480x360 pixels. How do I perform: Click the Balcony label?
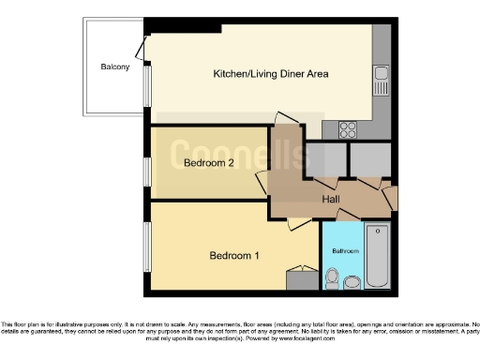click(x=115, y=67)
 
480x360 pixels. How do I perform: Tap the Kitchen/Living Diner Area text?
click(x=271, y=73)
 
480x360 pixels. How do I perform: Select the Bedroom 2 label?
click(x=208, y=162)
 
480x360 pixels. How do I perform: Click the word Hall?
click(x=331, y=200)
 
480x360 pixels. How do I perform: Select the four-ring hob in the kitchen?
click(x=348, y=128)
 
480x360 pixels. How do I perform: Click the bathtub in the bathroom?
click(x=377, y=255)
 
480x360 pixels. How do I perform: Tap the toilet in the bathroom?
click(x=333, y=277)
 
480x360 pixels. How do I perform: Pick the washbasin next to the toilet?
click(x=352, y=281)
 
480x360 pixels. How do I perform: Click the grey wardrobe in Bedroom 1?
click(x=302, y=278)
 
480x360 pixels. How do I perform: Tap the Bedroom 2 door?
click(x=262, y=181)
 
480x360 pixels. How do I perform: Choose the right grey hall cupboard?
click(x=369, y=160)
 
